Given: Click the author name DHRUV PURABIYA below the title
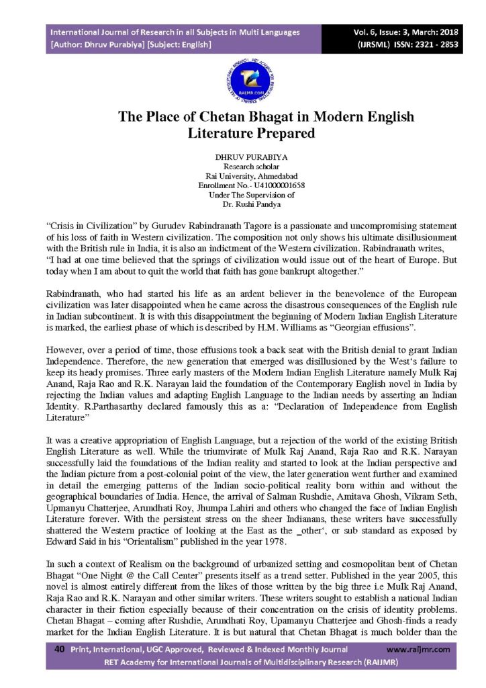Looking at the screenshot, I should [242, 156].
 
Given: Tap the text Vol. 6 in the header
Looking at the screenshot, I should [356, 32].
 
